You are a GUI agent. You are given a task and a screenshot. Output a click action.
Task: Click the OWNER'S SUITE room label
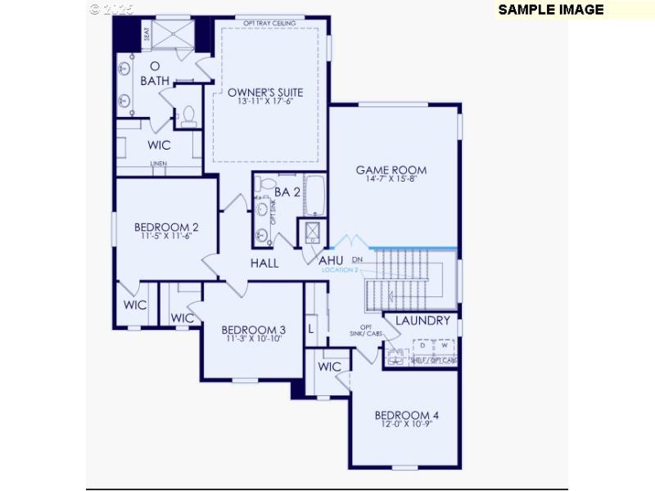click(x=265, y=92)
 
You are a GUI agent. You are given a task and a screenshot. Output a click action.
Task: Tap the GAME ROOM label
click(x=391, y=170)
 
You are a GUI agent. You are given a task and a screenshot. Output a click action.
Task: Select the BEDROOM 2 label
click(x=167, y=227)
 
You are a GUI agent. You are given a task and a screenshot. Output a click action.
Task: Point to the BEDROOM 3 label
click(x=253, y=330)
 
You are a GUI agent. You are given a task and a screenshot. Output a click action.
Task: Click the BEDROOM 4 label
click(x=407, y=416)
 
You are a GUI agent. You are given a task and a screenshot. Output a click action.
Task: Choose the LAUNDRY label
click(x=422, y=320)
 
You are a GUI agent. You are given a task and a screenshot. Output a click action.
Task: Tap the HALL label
click(x=264, y=263)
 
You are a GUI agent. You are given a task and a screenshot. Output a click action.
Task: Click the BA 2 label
click(x=287, y=192)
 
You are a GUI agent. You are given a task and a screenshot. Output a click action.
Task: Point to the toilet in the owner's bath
click(x=188, y=115)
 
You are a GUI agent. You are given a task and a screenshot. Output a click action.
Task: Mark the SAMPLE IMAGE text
click(x=550, y=10)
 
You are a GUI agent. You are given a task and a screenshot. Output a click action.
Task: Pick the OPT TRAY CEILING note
click(x=270, y=23)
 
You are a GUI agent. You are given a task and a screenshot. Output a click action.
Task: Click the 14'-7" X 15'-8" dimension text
click(x=391, y=180)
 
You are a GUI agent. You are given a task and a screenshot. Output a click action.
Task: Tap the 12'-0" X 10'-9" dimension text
click(x=407, y=426)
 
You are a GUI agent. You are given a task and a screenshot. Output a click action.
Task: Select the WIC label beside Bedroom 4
click(x=329, y=367)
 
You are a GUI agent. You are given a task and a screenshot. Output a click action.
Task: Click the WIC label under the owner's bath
click(x=159, y=145)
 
